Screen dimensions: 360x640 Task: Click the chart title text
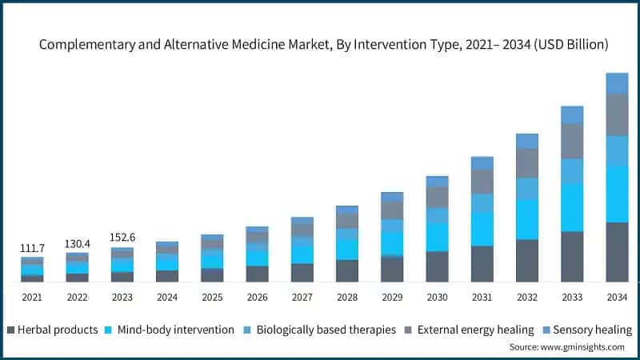pyautogui.click(x=324, y=46)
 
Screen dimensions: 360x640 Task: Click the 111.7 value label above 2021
pyautogui.click(x=32, y=248)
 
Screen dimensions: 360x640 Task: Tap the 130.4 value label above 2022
pyautogui.click(x=77, y=243)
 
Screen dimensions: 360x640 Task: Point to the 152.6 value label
pyautogui.click(x=122, y=238)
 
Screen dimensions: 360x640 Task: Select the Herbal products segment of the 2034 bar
pyautogui.click(x=617, y=252)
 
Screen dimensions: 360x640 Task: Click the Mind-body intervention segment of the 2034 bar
pyautogui.click(x=617, y=194)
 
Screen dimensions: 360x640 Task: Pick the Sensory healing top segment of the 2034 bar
pyautogui.click(x=617, y=83)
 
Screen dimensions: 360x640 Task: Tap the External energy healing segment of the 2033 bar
pyautogui.click(x=572, y=141)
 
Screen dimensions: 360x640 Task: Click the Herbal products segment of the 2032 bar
pyautogui.click(x=527, y=261)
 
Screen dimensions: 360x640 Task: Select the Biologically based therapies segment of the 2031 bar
pyautogui.click(x=482, y=204)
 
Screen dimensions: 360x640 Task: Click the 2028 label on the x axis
pyautogui.click(x=347, y=298)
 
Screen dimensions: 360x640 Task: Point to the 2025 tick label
pyautogui.click(x=212, y=298)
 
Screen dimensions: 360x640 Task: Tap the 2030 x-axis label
pyautogui.click(x=437, y=298)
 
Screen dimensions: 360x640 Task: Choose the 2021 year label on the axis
pyautogui.click(x=32, y=298)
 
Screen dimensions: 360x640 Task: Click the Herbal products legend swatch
pyautogui.click(x=10, y=330)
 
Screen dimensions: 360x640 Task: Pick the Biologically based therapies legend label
pyautogui.click(x=325, y=330)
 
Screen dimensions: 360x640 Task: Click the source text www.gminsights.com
pyautogui.click(x=566, y=347)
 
